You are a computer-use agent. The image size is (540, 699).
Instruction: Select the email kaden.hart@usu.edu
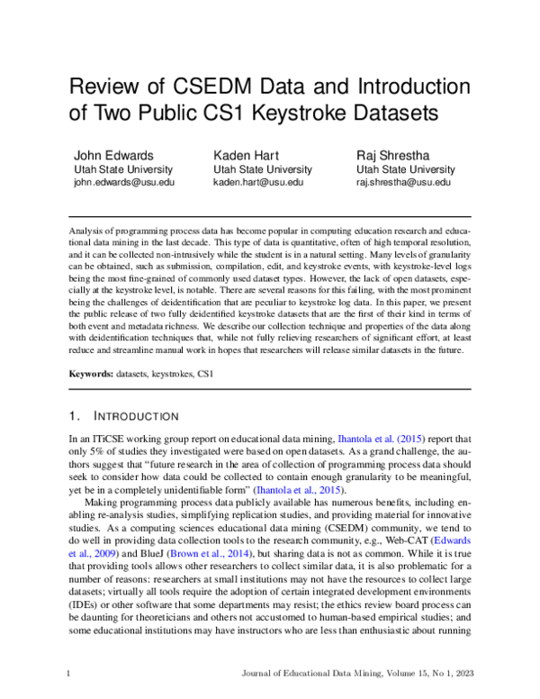pos(258,182)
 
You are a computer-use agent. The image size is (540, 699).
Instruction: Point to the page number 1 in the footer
pos(69,673)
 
